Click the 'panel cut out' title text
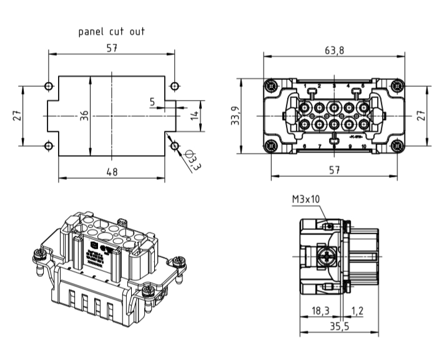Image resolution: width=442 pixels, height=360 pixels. coord(111,31)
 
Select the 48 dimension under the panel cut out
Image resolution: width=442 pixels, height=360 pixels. coord(111,172)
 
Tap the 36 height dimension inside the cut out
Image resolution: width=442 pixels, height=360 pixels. coord(84,116)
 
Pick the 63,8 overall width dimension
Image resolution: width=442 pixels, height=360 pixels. coord(333,50)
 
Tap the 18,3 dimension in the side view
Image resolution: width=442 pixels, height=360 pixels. coord(319,310)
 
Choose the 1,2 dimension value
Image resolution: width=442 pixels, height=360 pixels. coord(358,310)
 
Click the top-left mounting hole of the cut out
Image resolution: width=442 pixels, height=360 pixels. coord(49,86)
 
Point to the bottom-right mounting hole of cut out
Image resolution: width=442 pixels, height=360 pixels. coord(174,146)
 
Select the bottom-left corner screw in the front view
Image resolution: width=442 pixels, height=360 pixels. coord(270,147)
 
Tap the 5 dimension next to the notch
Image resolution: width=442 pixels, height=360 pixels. coord(152,101)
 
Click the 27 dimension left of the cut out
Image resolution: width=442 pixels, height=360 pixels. coord(17,116)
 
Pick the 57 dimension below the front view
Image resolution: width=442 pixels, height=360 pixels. coord(334,171)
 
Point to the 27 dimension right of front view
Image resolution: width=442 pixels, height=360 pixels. coord(421,116)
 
